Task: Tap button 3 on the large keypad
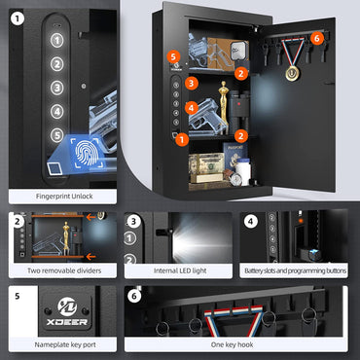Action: click(57, 88)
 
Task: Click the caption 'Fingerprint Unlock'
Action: click(63, 196)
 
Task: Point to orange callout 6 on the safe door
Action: click(316, 38)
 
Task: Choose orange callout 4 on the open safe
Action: click(192, 108)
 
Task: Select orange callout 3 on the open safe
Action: click(193, 84)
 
